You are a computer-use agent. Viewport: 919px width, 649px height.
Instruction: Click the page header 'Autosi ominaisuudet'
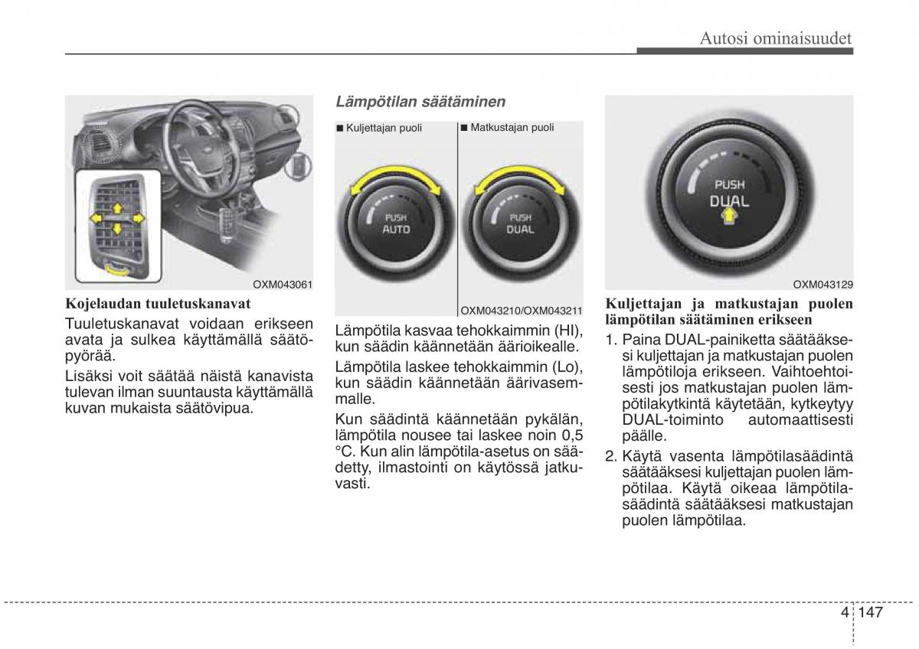coord(776,38)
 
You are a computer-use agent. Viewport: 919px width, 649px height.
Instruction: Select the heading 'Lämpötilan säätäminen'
coord(420,101)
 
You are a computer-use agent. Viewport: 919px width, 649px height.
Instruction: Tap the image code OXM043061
coord(285,284)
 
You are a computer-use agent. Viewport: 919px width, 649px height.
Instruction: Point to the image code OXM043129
coord(823,284)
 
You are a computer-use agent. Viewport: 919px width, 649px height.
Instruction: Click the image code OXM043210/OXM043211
coord(521,310)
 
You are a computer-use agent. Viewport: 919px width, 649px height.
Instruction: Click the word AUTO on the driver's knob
coord(396,229)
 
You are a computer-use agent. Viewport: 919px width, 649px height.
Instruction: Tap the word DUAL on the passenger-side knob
coord(521,229)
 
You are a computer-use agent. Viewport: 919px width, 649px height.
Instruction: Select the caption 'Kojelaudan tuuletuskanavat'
coord(158,303)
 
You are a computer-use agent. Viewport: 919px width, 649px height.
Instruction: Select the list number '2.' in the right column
coord(612,456)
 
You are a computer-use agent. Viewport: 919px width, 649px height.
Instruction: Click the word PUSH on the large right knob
coord(729,184)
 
